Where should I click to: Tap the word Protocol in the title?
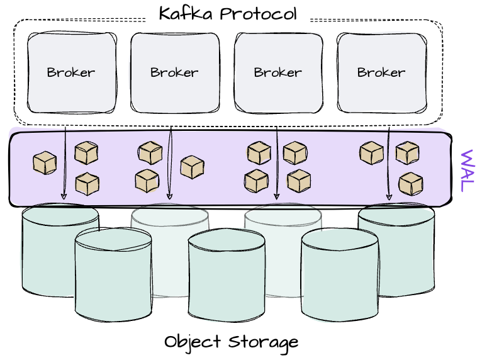click(259, 13)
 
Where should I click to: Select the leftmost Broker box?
click(71, 72)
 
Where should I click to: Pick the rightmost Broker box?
click(381, 72)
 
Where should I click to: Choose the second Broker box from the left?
click(174, 72)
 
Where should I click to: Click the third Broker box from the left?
click(277, 72)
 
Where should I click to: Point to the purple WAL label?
click(466, 171)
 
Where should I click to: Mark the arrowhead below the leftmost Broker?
click(64, 196)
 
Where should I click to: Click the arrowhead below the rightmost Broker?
click(389, 196)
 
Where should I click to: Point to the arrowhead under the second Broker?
click(169, 196)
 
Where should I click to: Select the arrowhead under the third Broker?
click(277, 196)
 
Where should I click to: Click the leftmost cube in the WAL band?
click(45, 163)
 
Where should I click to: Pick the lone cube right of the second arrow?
click(192, 167)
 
